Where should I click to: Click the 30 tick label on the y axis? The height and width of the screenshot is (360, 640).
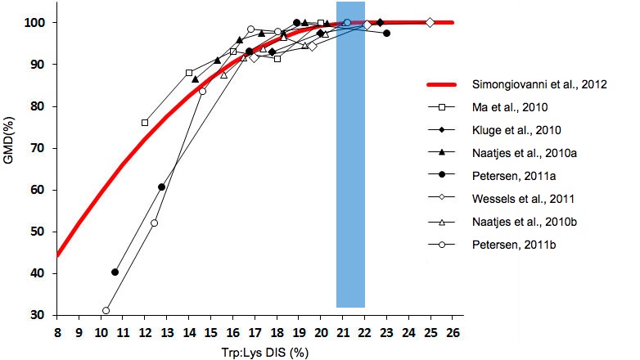[x=38, y=315]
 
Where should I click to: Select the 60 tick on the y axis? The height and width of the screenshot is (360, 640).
[x=38, y=189]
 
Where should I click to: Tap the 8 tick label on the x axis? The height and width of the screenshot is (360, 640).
[x=56, y=333]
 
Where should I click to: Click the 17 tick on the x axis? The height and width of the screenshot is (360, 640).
[x=255, y=333]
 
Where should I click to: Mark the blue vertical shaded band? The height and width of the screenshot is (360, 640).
[x=350, y=164]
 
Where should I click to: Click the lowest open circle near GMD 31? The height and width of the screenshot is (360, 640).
[x=106, y=311]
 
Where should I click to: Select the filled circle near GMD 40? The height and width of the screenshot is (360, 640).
[x=115, y=272]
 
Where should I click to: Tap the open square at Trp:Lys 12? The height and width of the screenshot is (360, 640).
[x=145, y=123]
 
